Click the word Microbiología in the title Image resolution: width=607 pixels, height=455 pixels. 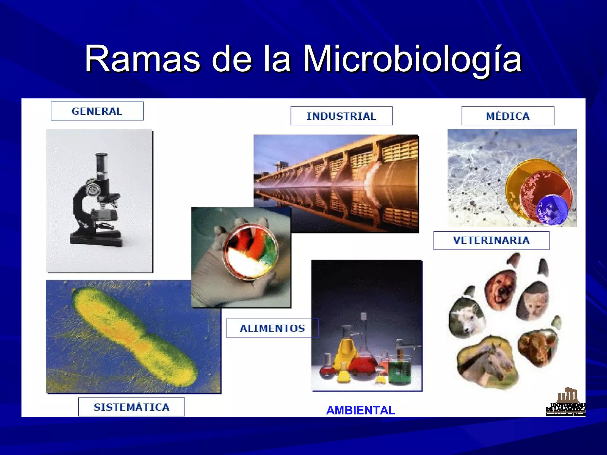[412, 59]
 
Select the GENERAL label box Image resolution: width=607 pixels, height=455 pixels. [97, 111]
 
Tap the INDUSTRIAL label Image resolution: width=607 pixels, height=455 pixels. [341, 116]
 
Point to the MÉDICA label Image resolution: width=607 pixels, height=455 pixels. [508, 116]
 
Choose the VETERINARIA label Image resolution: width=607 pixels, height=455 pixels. [491, 240]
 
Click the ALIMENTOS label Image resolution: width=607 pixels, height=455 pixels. [272, 328]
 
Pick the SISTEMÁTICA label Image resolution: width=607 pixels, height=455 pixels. [131, 407]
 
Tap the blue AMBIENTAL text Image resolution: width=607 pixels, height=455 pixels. [360, 410]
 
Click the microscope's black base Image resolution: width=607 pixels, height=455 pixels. [96, 240]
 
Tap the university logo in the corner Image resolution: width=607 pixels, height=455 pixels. [566, 403]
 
